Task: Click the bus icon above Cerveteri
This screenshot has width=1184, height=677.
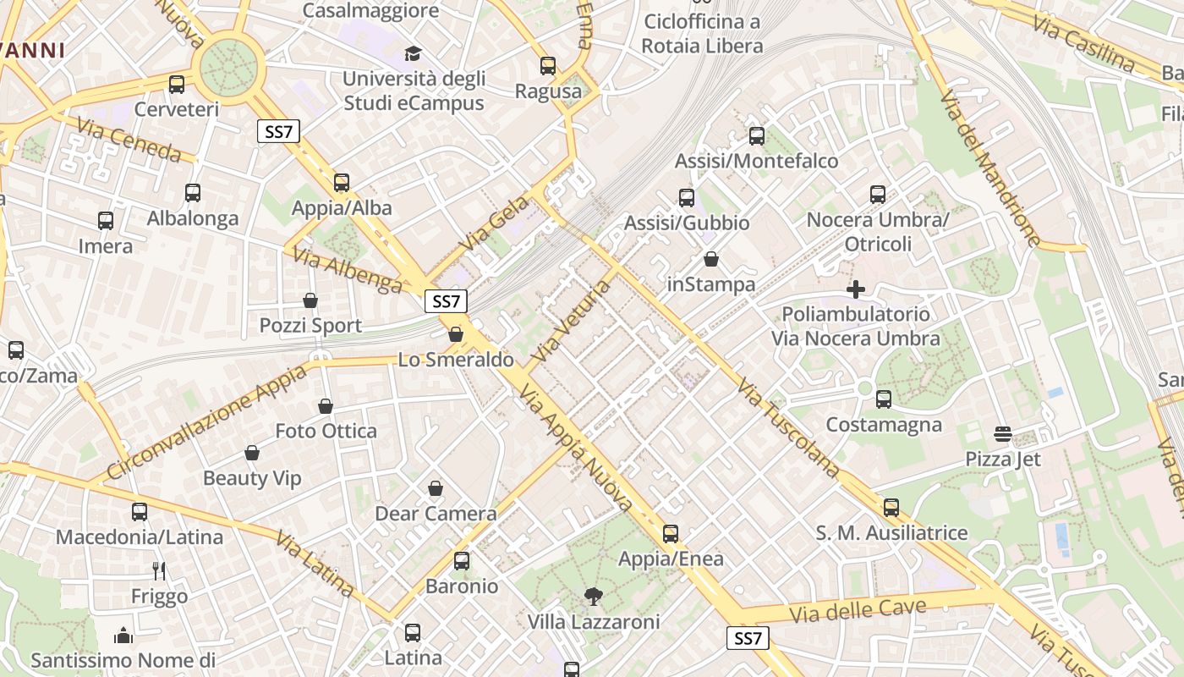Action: pyautogui.click(x=177, y=85)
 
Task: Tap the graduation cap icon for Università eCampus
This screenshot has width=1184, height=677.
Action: pyautogui.click(x=413, y=54)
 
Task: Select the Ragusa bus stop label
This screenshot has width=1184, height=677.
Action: pyautogui.click(x=548, y=91)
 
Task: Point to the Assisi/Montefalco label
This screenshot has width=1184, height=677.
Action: pyautogui.click(x=756, y=161)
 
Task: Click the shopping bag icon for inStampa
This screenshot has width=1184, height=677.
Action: pyautogui.click(x=711, y=259)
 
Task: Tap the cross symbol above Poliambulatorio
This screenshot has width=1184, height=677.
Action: pyautogui.click(x=856, y=289)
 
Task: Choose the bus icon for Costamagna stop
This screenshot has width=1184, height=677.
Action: pyautogui.click(x=884, y=399)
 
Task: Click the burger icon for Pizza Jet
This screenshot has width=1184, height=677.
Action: pyautogui.click(x=1003, y=434)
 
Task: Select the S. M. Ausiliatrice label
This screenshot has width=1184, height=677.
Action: pyautogui.click(x=891, y=533)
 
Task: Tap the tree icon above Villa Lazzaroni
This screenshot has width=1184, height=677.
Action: pyautogui.click(x=594, y=597)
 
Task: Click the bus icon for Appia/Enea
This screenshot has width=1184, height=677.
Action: pyautogui.click(x=671, y=534)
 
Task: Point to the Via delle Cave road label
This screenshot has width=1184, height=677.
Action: pyautogui.click(x=858, y=610)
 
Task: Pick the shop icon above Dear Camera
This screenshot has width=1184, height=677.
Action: pyautogui.click(x=436, y=488)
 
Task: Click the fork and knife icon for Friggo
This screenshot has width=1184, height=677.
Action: pyautogui.click(x=159, y=571)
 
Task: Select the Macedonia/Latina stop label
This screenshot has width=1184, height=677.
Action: pyautogui.click(x=140, y=537)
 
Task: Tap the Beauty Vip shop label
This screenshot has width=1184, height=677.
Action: pyautogui.click(x=252, y=478)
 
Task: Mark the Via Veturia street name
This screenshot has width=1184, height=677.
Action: pyautogui.click(x=572, y=321)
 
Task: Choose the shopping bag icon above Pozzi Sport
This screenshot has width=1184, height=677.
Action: pyautogui.click(x=310, y=300)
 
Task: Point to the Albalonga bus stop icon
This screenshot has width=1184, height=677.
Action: pyautogui.click(x=193, y=193)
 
